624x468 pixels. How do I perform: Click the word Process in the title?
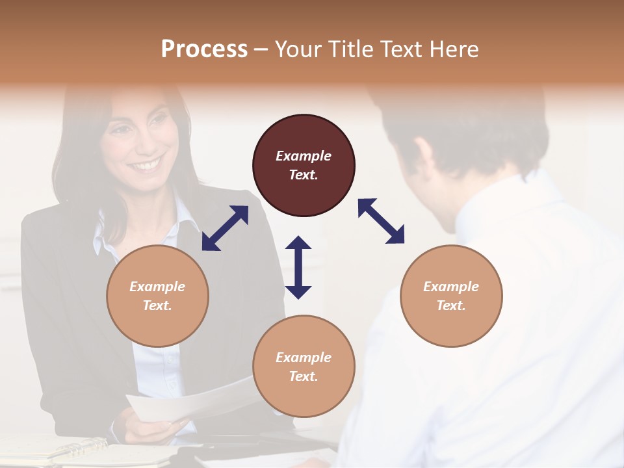coord(204,49)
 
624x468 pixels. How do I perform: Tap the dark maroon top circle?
coord(304,165)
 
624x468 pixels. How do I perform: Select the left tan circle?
coord(157,296)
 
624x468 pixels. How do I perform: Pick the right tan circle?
coord(451,296)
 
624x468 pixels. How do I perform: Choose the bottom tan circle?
coord(304,367)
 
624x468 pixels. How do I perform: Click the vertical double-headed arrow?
coord(298,267)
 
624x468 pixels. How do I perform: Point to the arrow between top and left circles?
coord(225,228)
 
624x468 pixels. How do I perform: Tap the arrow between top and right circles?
coord(381,222)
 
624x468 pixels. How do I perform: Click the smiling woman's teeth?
coord(146,165)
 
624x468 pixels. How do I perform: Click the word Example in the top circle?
coord(304,156)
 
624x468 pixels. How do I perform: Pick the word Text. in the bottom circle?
coord(304,376)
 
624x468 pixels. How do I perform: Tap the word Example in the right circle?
coord(451,287)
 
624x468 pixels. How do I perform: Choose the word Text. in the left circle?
coord(157,305)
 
